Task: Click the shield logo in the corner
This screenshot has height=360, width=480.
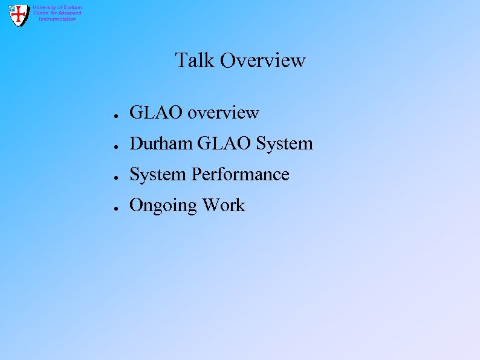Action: point(19,15)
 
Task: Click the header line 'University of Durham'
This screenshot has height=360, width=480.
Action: point(57,7)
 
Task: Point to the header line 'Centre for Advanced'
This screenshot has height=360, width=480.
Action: point(57,13)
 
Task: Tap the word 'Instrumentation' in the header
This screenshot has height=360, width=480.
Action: point(57,19)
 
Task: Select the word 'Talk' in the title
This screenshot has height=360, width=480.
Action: point(195,61)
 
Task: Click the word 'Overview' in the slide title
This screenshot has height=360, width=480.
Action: point(263,61)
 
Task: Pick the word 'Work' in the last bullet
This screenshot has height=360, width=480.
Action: point(224,205)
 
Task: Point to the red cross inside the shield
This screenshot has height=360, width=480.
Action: point(19,15)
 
